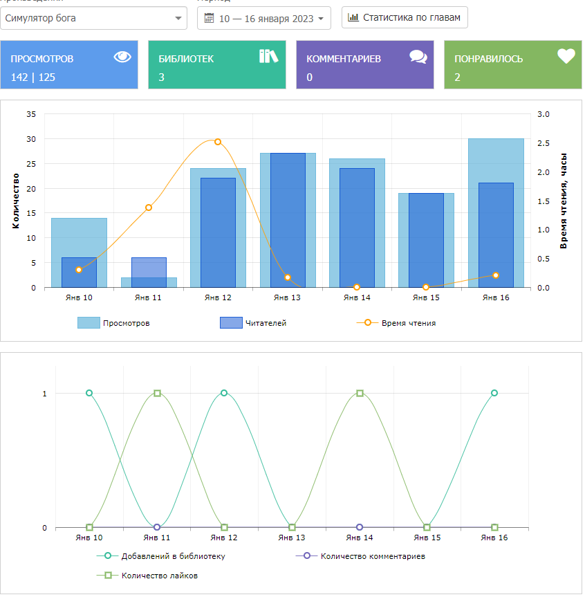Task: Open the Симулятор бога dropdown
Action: click(x=93, y=18)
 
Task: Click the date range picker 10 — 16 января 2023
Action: click(x=264, y=19)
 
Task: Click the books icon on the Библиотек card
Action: click(x=268, y=57)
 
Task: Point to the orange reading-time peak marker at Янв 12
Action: click(x=218, y=142)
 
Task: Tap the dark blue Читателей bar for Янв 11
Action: click(x=149, y=272)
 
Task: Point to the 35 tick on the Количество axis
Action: click(x=30, y=114)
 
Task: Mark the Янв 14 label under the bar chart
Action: click(x=357, y=297)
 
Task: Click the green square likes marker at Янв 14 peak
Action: click(x=360, y=393)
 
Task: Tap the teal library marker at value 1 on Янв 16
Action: click(x=494, y=393)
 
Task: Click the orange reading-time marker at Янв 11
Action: click(x=149, y=208)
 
